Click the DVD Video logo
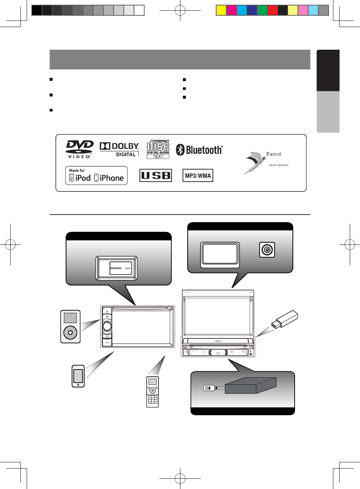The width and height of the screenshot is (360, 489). pyautogui.click(x=80, y=149)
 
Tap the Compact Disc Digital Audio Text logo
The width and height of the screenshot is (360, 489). pyautogui.click(x=158, y=149)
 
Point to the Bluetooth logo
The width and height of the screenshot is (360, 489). pyautogui.click(x=199, y=150)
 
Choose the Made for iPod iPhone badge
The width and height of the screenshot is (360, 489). pyautogui.click(x=96, y=176)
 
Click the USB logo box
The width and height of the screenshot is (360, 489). pyautogui.click(x=156, y=175)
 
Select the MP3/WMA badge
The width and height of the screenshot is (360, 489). pyautogui.click(x=198, y=175)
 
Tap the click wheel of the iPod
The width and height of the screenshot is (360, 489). pyautogui.click(x=70, y=333)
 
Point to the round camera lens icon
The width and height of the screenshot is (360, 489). pyautogui.click(x=267, y=250)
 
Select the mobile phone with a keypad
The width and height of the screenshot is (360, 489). pyautogui.click(x=153, y=391)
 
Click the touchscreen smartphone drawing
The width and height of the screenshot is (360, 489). pyautogui.click(x=78, y=376)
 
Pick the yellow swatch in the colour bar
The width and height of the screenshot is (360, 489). pyautogui.click(x=221, y=10)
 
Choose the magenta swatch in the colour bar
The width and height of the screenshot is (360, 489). pyautogui.click(x=231, y=10)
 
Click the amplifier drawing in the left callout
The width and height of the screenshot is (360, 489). pyautogui.click(x=116, y=268)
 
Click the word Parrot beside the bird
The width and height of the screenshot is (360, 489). pyautogui.click(x=273, y=154)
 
